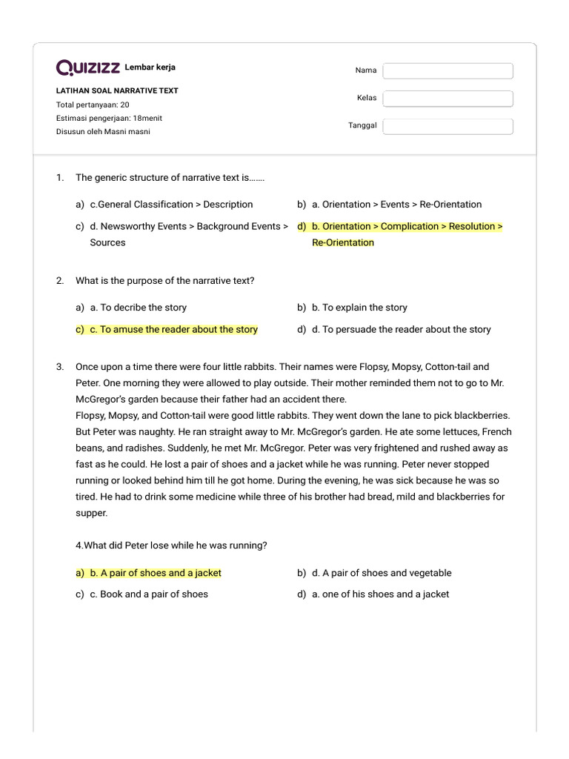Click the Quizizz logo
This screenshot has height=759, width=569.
88,68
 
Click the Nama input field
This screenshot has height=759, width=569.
447,70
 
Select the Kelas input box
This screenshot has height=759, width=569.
447,99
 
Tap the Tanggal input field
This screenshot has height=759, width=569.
447,126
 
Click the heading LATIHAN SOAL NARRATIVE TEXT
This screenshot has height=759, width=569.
117,90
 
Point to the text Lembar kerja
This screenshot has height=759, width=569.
150,67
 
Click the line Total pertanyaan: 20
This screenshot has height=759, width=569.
93,105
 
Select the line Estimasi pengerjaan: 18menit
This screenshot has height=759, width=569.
109,118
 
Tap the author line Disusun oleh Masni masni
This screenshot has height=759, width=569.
103,132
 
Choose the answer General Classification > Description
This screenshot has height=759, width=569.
171,205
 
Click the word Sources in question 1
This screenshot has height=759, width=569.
108,242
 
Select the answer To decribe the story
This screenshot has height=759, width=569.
139,308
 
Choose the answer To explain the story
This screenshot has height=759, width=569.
359,308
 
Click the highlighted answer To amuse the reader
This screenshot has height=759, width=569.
173,330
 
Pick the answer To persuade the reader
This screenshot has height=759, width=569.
401,330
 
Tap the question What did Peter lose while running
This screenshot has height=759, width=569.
171,546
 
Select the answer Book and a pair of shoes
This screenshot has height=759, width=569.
149,594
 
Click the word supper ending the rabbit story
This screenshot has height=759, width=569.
92,513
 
